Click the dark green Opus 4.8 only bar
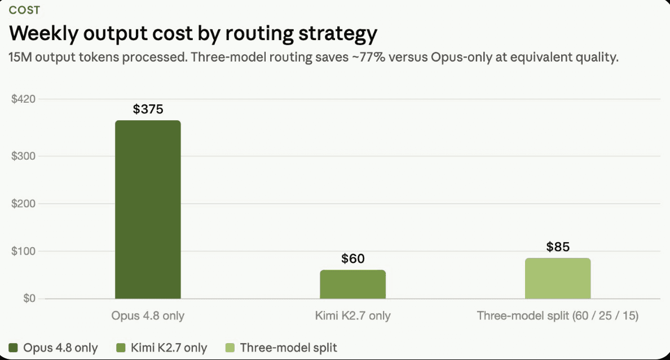pyautogui.click(x=148, y=209)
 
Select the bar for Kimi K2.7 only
pyautogui.click(x=353, y=284)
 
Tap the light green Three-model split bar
pyautogui.click(x=558, y=278)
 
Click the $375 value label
pyautogui.click(x=148, y=109)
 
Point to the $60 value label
pyautogui.click(x=353, y=258)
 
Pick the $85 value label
pyautogui.click(x=558, y=247)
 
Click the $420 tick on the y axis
pyautogui.click(x=24, y=99)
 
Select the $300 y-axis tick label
pyautogui.click(x=24, y=156)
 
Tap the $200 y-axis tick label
pyautogui.click(x=24, y=204)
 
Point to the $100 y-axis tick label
pyautogui.click(x=24, y=251)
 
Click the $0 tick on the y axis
pyautogui.click(x=29, y=298)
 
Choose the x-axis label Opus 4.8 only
pyautogui.click(x=148, y=316)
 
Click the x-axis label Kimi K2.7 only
pyautogui.click(x=353, y=316)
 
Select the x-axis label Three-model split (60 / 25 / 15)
pyautogui.click(x=558, y=316)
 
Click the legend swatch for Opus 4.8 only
pyautogui.click(x=13, y=348)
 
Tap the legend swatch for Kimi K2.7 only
pyautogui.click(x=121, y=348)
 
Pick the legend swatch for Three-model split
pyautogui.click(x=230, y=348)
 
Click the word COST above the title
pyautogui.click(x=24, y=10)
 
